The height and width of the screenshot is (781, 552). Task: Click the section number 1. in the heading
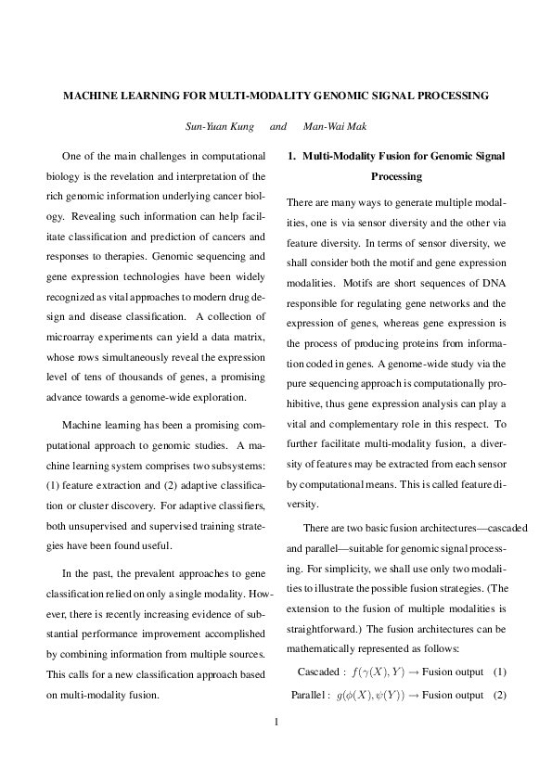tap(292, 157)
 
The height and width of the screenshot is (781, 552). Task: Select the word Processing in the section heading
tap(396, 176)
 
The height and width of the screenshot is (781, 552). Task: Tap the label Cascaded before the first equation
tap(318, 671)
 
